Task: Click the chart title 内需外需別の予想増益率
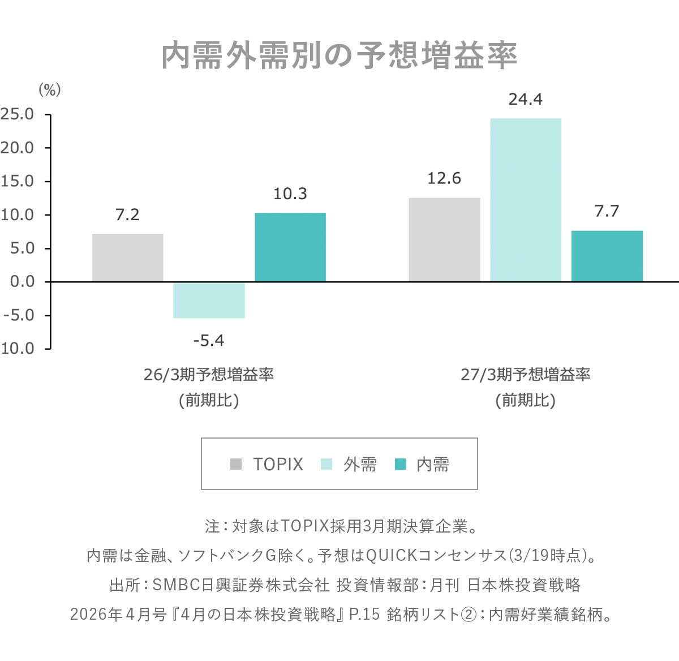click(x=339, y=56)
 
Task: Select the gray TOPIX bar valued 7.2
click(x=127, y=257)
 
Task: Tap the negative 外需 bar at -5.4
click(x=209, y=300)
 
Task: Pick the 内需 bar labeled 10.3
click(x=290, y=247)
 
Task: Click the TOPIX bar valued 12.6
click(x=444, y=239)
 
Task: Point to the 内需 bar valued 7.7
click(x=607, y=256)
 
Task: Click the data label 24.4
click(x=526, y=100)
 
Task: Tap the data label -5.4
click(x=209, y=341)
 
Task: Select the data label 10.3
click(x=290, y=194)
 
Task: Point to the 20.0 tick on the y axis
click(x=18, y=148)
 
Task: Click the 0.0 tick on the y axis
click(x=22, y=282)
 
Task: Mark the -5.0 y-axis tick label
click(x=19, y=315)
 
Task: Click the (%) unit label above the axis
click(x=49, y=89)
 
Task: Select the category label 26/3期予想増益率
click(x=209, y=375)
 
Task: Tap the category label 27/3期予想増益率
click(x=526, y=375)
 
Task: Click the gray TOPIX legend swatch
click(x=236, y=464)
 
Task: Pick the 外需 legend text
click(x=360, y=465)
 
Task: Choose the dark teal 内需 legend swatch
click(x=401, y=464)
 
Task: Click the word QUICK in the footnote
click(x=391, y=556)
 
